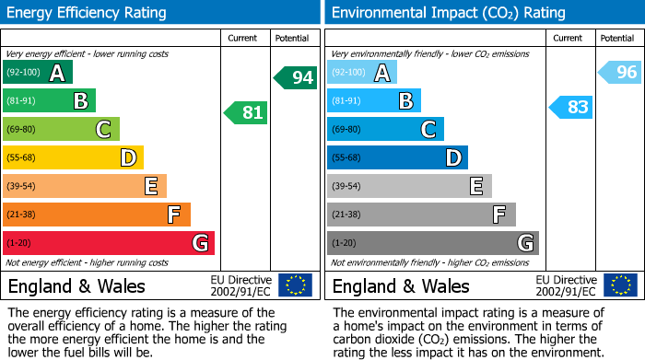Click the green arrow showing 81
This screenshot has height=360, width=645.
pyautogui.click(x=246, y=113)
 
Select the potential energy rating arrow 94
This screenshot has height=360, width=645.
pyautogui.click(x=295, y=78)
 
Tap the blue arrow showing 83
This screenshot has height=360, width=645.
pyautogui.click(x=570, y=107)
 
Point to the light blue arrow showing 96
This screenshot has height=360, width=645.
pyautogui.click(x=620, y=73)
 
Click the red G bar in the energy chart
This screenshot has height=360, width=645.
pyautogui.click(x=108, y=243)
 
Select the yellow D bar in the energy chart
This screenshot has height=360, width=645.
pyautogui.click(x=73, y=157)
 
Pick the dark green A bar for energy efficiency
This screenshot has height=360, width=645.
pyautogui.click(x=38, y=73)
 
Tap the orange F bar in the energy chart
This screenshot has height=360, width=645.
pyautogui.click(x=96, y=215)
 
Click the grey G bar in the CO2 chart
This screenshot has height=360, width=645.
pyautogui.click(x=432, y=243)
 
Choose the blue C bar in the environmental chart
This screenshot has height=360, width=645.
pyautogui.click(x=385, y=129)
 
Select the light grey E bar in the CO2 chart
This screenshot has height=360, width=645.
pyautogui.click(x=409, y=186)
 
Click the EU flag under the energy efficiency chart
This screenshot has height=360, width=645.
pyautogui.click(x=295, y=285)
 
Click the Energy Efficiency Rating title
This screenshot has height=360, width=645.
pyautogui.click(x=88, y=13)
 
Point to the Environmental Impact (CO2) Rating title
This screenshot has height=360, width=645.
pyautogui.click(x=448, y=13)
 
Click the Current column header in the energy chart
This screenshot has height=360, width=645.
pyautogui.click(x=244, y=38)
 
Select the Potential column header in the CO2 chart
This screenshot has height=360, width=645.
pyautogui.click(x=616, y=38)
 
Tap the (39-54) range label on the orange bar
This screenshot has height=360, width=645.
pyautogui.click(x=21, y=187)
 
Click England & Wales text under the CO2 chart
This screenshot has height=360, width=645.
pyautogui.click(x=401, y=286)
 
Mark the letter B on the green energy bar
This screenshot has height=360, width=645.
pyautogui.click(x=80, y=100)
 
